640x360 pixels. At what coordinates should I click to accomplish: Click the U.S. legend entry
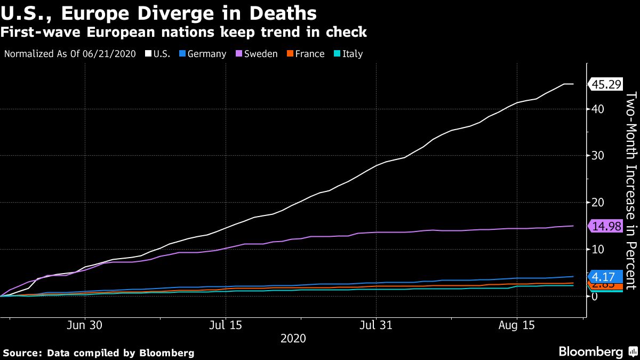[158, 54]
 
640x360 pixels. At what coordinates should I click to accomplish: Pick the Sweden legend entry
[257, 54]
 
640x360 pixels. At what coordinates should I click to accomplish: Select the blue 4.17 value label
[606, 276]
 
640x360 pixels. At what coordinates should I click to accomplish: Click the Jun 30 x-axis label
[85, 325]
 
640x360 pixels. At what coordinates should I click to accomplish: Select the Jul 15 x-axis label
[226, 325]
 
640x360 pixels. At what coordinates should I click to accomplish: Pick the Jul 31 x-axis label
[377, 325]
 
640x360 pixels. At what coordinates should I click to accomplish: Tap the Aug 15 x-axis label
[516, 325]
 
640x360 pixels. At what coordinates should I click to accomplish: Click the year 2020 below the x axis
[293, 338]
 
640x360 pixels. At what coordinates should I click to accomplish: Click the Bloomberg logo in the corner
[590, 351]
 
